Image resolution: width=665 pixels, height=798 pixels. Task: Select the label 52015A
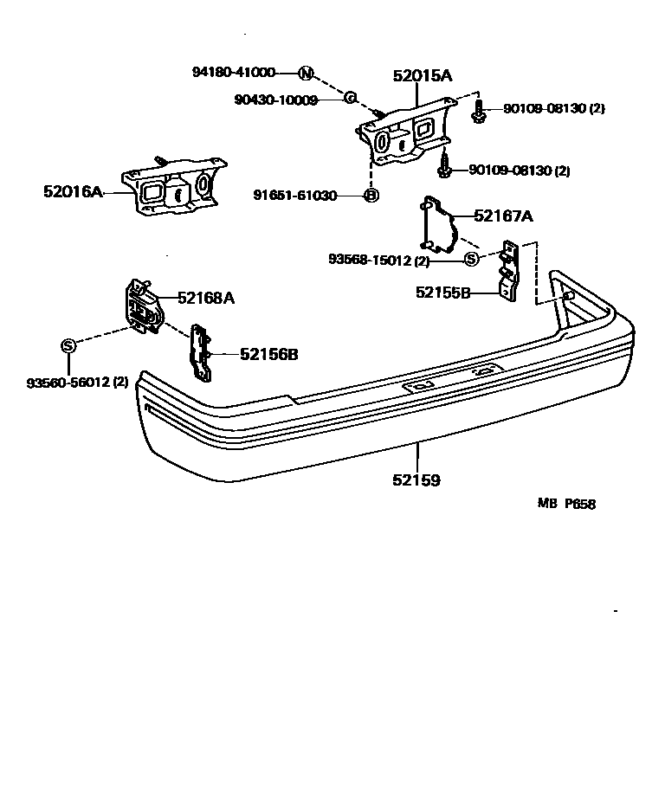pos(423,76)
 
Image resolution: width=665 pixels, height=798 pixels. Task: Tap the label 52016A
pos(73,191)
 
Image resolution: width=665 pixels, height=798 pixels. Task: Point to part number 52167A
pos(503,216)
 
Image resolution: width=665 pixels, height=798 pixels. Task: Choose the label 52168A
pos(206,298)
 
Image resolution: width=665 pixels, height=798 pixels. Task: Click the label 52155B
pos(442,293)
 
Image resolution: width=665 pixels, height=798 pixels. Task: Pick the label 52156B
pos(269,353)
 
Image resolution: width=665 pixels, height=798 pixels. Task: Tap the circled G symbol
pos(351,99)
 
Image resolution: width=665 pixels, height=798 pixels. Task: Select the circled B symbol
pos(371,196)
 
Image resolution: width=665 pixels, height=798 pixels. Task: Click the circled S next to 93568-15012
pos(472,259)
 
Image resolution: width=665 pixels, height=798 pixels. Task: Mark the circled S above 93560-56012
pos(69,344)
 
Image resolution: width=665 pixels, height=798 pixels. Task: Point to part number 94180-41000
pos(234,73)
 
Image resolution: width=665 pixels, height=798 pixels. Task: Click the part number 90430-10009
pos(276,100)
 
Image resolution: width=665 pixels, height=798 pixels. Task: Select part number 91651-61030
pos(294,196)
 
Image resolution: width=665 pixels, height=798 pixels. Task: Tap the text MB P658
pos(566,505)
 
